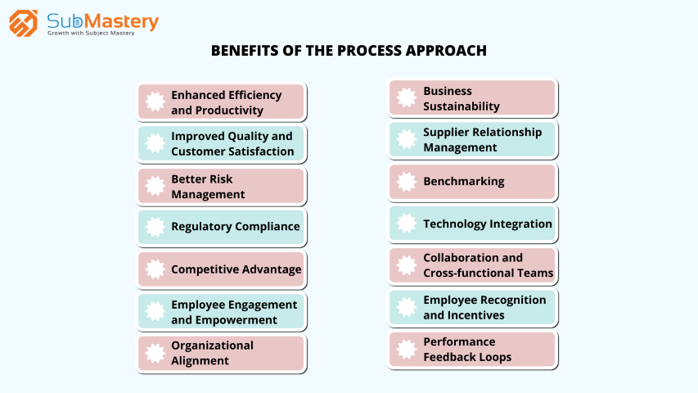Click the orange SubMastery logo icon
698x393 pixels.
pos(23,23)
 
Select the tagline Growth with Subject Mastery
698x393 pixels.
pos(91,33)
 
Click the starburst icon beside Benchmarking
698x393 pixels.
pos(407,182)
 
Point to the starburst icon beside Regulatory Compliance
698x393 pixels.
pos(155,227)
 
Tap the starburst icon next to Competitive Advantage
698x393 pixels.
pos(155,269)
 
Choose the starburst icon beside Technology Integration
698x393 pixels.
pos(407,224)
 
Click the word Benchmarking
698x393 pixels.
pos(464,182)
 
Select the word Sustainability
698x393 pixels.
pos(462,106)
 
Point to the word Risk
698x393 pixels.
pos(221,179)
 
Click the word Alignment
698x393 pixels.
pos(200,361)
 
